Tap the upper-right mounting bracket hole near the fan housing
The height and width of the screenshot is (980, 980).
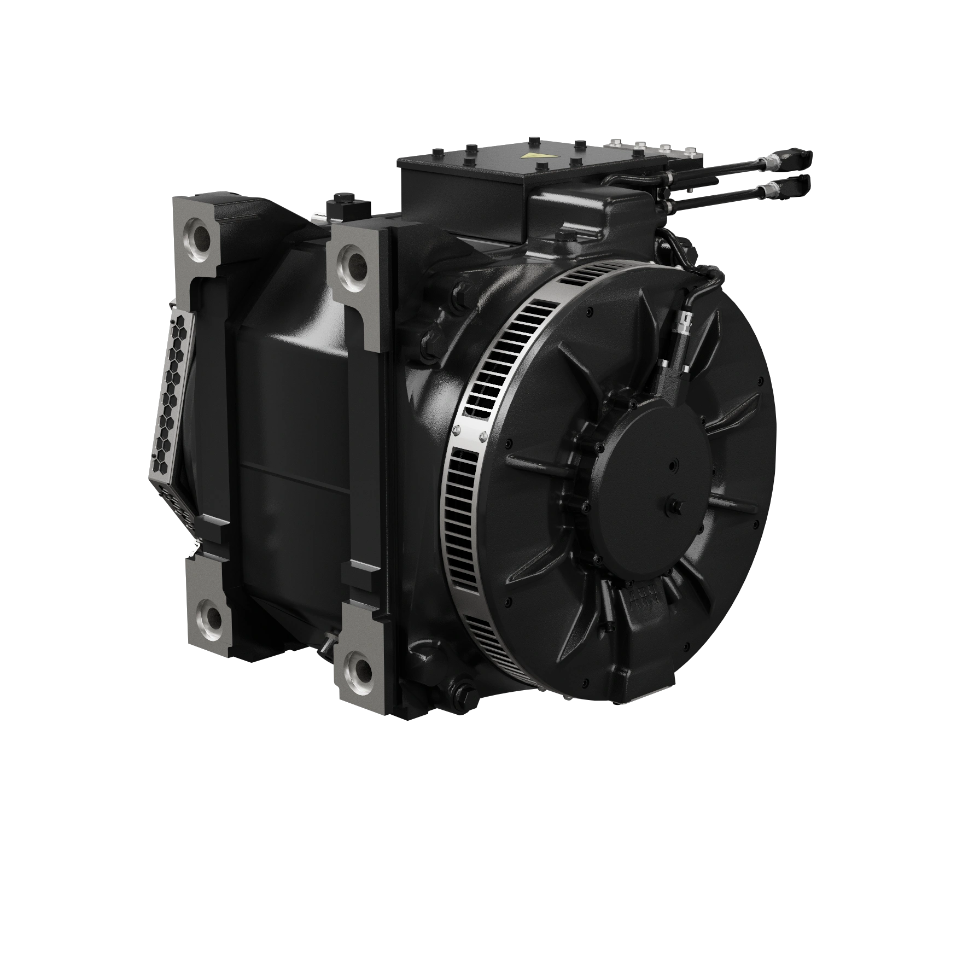click(x=356, y=262)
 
